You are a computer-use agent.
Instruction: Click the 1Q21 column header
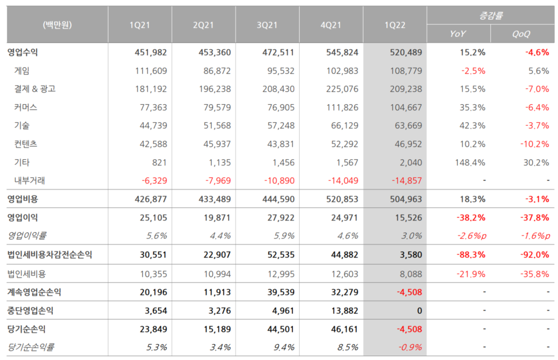tap(140, 25)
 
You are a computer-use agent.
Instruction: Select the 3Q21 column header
tap(267, 25)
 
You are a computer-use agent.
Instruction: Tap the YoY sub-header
tap(458, 34)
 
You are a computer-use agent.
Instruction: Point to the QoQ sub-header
tap(522, 34)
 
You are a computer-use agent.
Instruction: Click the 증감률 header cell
tap(490, 15)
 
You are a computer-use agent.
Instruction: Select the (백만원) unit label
tap(57, 25)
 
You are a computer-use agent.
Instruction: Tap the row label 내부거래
tap(31, 180)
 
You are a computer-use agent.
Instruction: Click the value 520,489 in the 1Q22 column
tap(406, 52)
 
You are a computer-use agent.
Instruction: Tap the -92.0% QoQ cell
tap(534, 254)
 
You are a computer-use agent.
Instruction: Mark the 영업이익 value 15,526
tap(408, 218)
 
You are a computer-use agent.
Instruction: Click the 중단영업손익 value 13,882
tap(344, 310)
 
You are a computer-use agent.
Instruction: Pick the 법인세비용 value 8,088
tap(410, 273)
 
